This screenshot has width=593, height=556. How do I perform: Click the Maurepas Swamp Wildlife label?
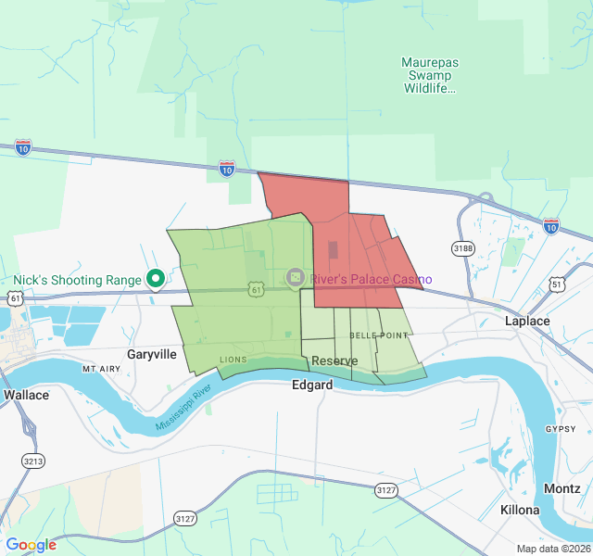click(430, 75)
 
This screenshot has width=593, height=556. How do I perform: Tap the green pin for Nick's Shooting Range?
click(157, 278)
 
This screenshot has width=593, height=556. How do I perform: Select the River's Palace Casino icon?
click(296, 277)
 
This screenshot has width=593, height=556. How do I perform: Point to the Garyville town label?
click(151, 354)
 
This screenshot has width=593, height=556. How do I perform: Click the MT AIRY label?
click(102, 369)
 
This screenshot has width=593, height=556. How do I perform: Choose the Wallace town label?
click(26, 394)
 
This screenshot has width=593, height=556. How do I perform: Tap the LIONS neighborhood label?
click(233, 360)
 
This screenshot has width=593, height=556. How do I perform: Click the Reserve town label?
click(334, 360)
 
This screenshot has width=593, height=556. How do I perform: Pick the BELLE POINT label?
click(379, 334)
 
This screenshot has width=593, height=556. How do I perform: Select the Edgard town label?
click(312, 385)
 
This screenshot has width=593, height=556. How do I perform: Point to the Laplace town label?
click(527, 321)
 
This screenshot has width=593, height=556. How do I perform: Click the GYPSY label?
click(561, 429)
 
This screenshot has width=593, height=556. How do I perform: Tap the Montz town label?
click(563, 488)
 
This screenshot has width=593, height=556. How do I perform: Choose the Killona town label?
click(519, 511)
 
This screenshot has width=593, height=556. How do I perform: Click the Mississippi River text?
click(183, 407)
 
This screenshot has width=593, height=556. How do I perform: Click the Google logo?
click(31, 545)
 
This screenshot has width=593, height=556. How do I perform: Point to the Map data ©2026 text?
click(552, 549)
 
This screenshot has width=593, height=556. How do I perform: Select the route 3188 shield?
click(463, 248)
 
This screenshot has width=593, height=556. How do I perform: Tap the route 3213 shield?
click(33, 461)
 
